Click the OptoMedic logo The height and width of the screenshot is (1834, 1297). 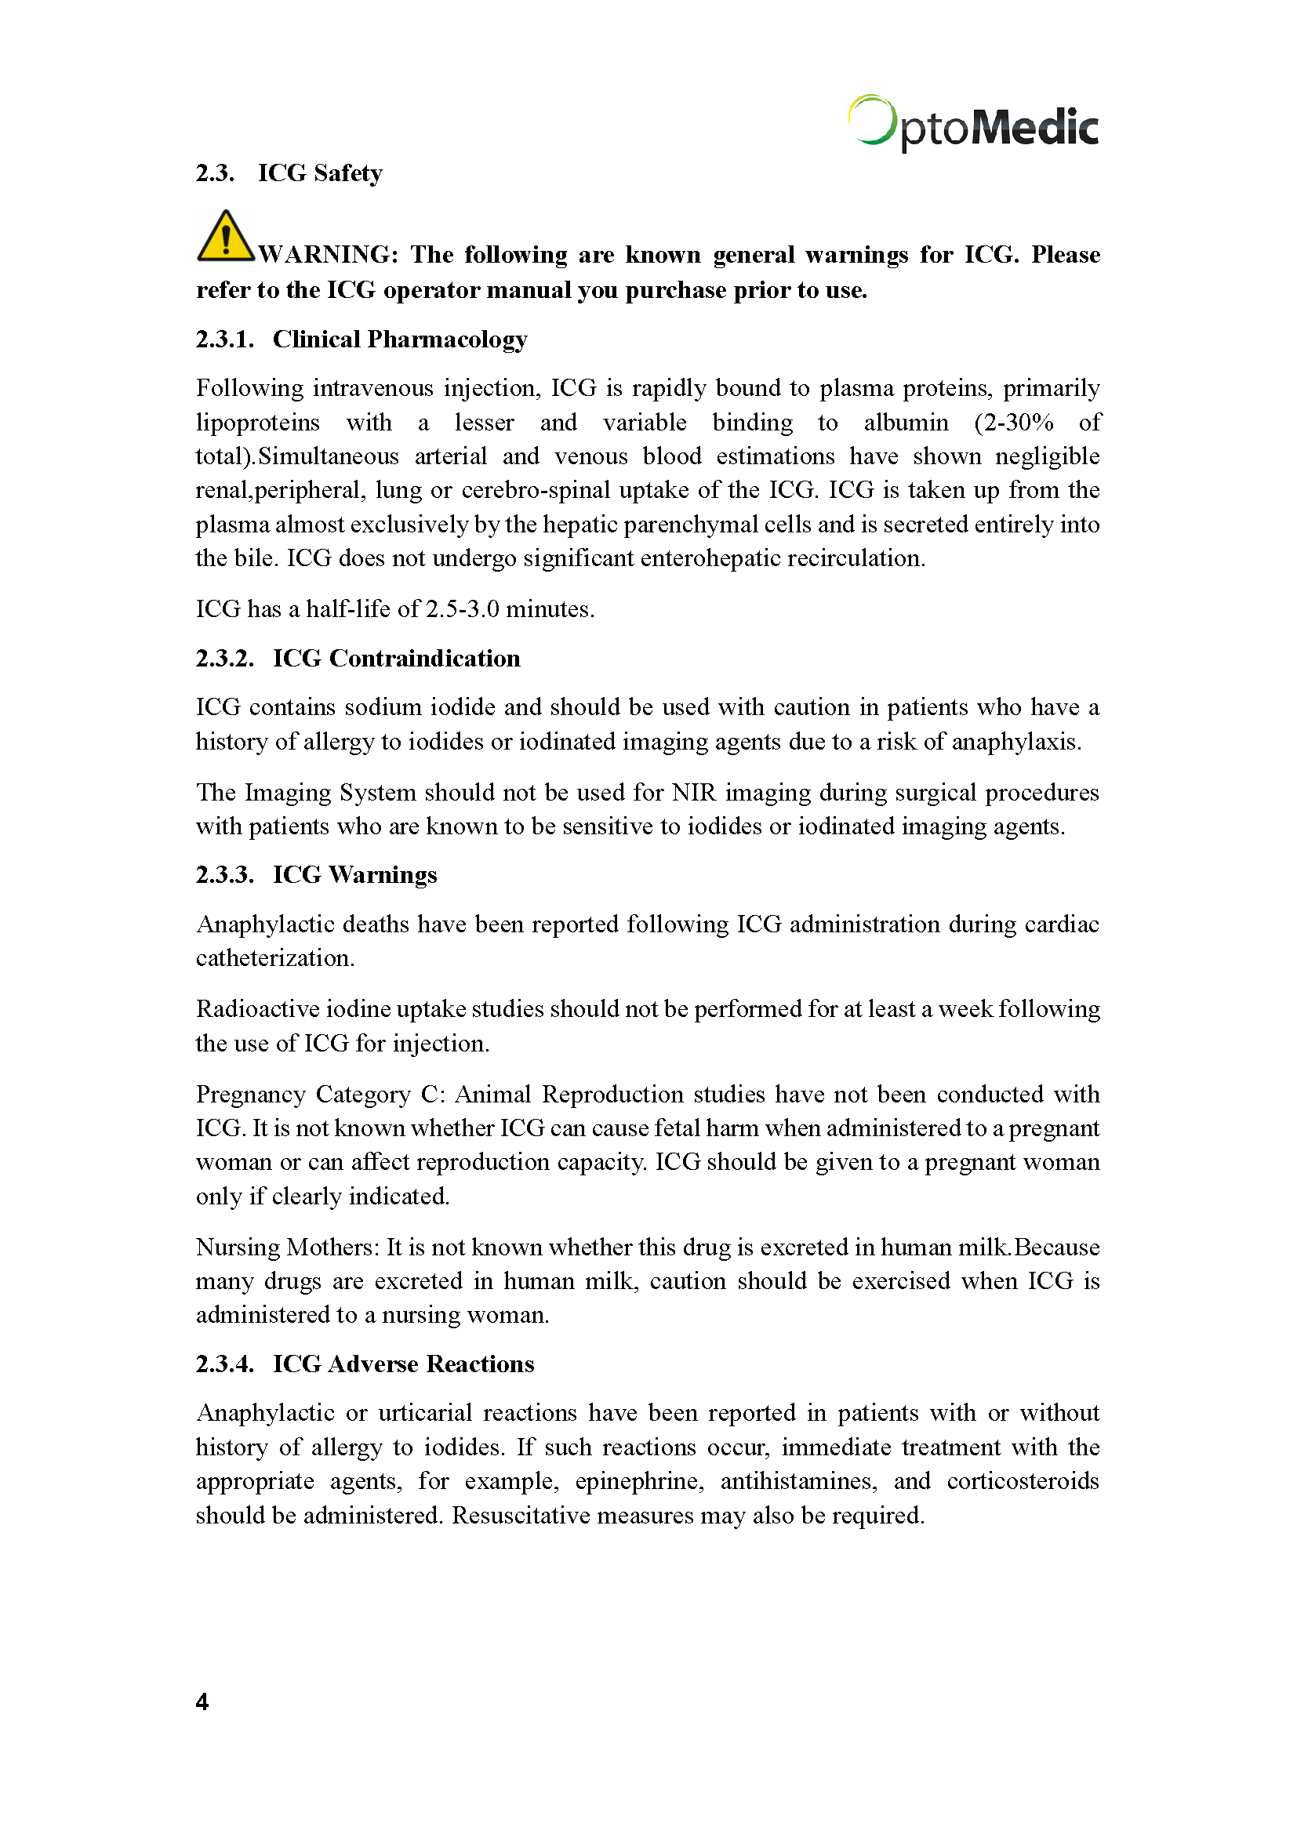click(x=972, y=125)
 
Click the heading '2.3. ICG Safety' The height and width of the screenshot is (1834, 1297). click(x=289, y=173)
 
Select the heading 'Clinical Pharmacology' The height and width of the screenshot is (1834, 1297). click(x=399, y=340)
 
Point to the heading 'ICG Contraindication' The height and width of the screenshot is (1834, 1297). click(x=396, y=658)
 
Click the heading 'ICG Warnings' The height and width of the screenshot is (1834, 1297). click(x=354, y=875)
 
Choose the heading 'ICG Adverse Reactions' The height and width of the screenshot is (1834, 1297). click(x=403, y=1364)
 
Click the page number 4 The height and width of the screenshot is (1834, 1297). click(x=202, y=1702)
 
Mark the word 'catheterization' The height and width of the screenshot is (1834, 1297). click(x=274, y=958)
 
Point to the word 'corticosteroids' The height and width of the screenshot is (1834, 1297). click(x=1023, y=1482)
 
